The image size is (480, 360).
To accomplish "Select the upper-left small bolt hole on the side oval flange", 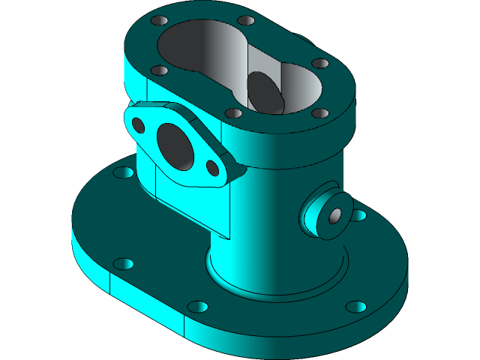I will click(x=138, y=123).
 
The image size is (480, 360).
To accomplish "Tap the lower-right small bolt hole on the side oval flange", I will click(x=213, y=167).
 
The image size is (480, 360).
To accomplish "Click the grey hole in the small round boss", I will click(x=335, y=215).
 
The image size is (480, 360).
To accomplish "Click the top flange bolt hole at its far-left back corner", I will click(x=158, y=21).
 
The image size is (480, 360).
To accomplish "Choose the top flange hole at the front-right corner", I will click(x=320, y=113).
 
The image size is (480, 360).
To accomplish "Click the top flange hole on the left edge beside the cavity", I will click(x=159, y=70).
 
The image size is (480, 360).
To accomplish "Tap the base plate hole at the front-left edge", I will click(x=124, y=264).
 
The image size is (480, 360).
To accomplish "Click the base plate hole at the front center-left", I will click(x=197, y=307).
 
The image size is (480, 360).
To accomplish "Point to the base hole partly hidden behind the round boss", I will click(x=358, y=216).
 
